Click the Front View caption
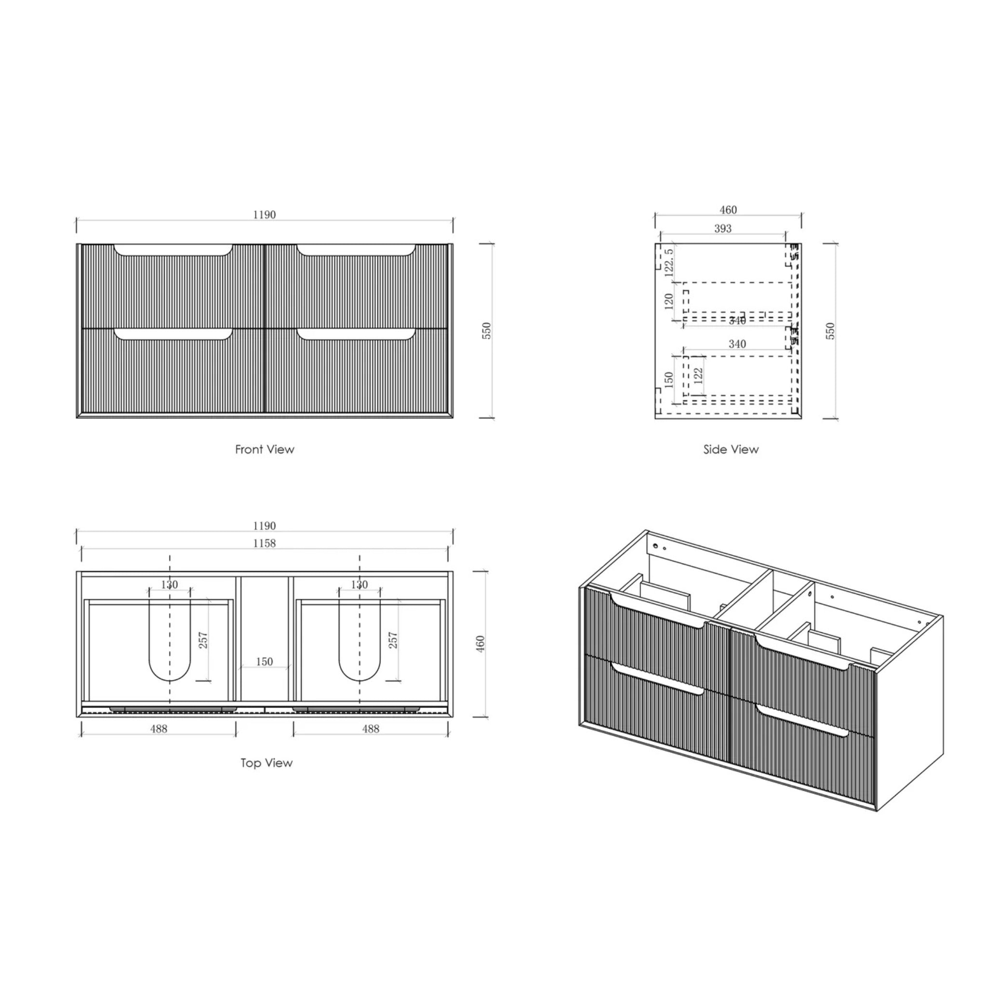click(264, 450)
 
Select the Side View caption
click(731, 450)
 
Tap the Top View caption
click(266, 763)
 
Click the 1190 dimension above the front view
click(264, 214)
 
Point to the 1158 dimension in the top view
click(264, 543)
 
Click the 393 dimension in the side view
click(722, 228)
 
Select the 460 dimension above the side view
click(728, 210)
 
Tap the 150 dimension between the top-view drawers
click(264, 662)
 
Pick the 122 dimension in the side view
click(698, 375)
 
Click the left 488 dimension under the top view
click(159, 729)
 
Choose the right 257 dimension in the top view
click(393, 640)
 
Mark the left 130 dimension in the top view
click(169, 585)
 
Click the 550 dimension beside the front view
click(487, 331)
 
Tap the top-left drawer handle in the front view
click(173, 250)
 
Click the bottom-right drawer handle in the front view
click(356, 334)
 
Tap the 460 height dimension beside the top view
click(480, 644)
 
